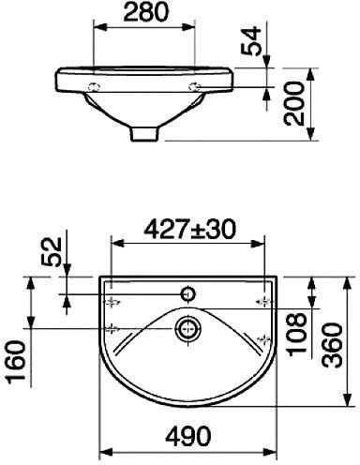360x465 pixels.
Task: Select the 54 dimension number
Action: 251,41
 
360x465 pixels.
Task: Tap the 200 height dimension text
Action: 293,103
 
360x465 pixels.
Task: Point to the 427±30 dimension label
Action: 189,229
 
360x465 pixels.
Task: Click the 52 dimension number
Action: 52,252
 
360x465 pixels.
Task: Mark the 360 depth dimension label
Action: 333,345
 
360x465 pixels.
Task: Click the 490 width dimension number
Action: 187,436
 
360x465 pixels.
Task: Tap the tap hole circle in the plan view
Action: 188,294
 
